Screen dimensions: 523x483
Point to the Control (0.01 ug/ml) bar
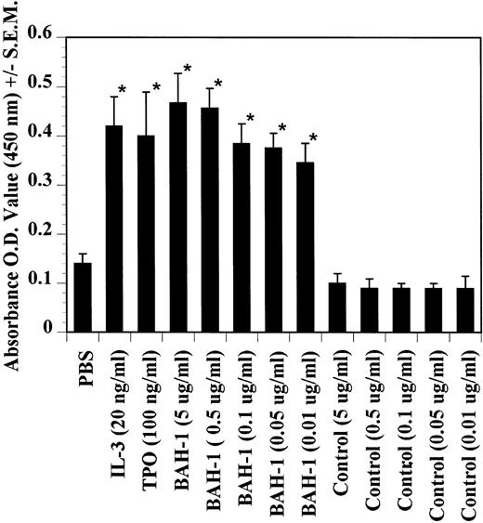[x=464, y=309]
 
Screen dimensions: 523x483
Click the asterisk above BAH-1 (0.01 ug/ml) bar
[x=313, y=138]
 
